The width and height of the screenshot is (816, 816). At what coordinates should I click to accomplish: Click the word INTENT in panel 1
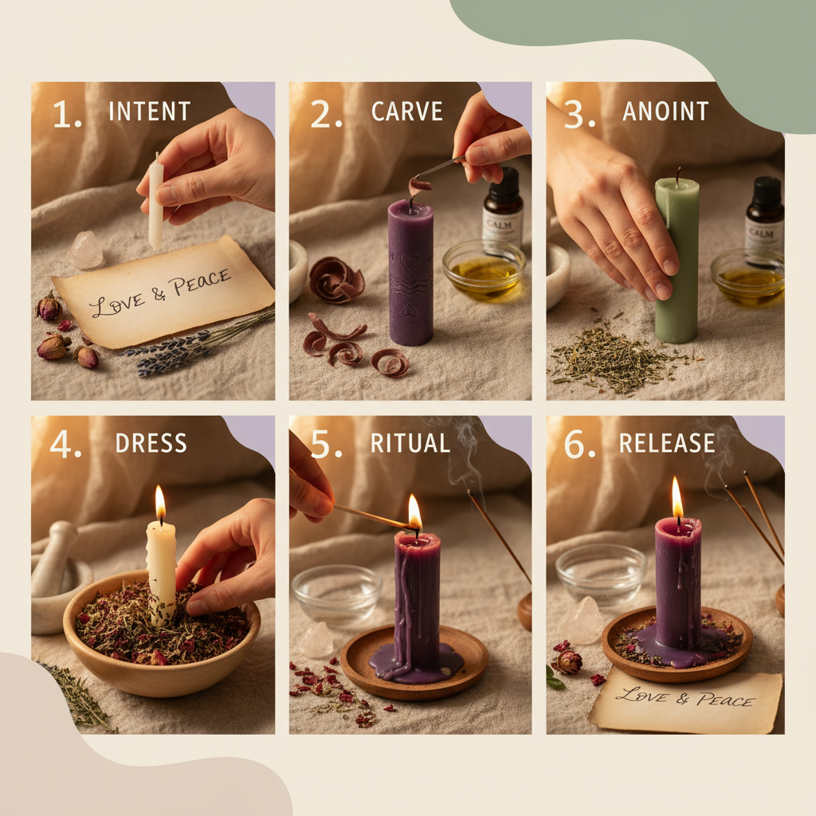click(150, 111)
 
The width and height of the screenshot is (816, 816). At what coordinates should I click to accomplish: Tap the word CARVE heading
click(406, 111)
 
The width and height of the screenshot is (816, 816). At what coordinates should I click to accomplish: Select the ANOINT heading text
click(665, 111)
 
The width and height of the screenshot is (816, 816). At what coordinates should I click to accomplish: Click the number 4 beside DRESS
click(61, 444)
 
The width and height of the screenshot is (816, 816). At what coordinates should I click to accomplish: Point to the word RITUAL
click(410, 444)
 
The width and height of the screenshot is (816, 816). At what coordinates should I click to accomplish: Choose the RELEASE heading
click(666, 444)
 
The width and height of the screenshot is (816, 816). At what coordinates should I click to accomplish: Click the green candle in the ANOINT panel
click(677, 263)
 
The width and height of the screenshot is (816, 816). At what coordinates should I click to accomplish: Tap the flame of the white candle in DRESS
click(160, 504)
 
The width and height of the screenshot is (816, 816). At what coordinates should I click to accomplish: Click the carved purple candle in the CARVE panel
click(410, 271)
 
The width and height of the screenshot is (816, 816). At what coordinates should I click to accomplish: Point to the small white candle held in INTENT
click(155, 203)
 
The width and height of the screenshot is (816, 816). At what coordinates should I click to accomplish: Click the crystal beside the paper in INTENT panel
click(86, 250)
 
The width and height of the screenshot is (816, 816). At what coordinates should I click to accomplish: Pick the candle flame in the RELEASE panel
click(677, 499)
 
